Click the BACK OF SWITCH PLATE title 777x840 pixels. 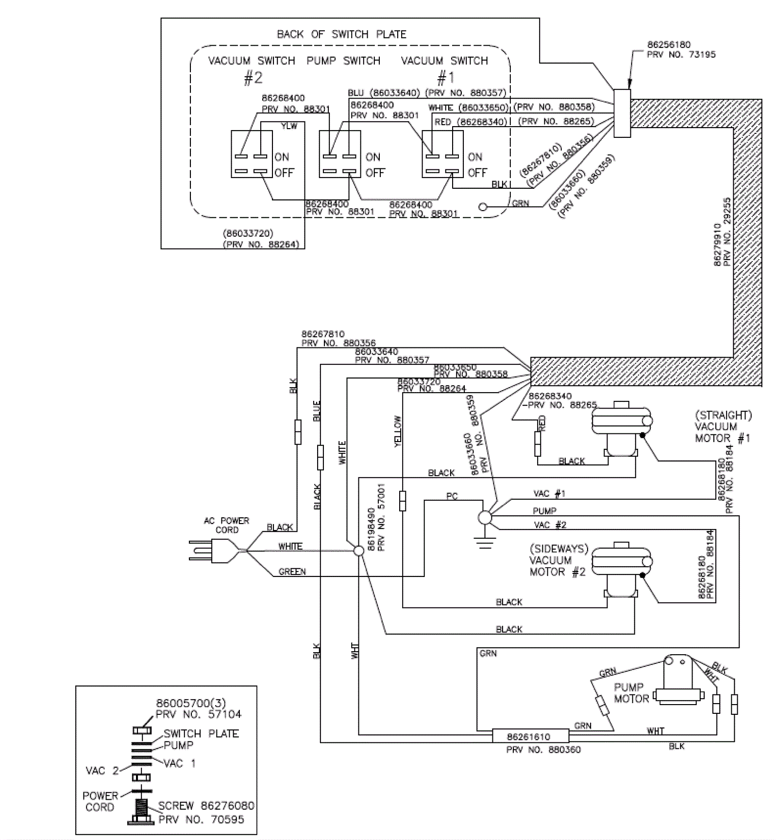[341, 34]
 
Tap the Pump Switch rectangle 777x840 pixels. [339, 154]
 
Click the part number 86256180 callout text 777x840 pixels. [669, 45]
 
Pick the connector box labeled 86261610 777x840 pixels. [530, 736]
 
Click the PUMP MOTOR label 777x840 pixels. [631, 693]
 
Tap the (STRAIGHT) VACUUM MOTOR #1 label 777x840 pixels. [723, 427]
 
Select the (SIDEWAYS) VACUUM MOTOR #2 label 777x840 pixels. [558, 560]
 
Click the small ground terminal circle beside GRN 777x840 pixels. [483, 207]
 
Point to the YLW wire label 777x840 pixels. [289, 126]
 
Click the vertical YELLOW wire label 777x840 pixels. [398, 431]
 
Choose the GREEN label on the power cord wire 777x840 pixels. [292, 572]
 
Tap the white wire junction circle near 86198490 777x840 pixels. [358, 551]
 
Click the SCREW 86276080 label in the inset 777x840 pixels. [206, 806]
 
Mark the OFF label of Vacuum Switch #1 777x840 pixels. [477, 173]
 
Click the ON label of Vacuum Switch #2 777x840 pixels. [282, 157]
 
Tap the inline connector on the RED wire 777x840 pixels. [538, 444]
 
